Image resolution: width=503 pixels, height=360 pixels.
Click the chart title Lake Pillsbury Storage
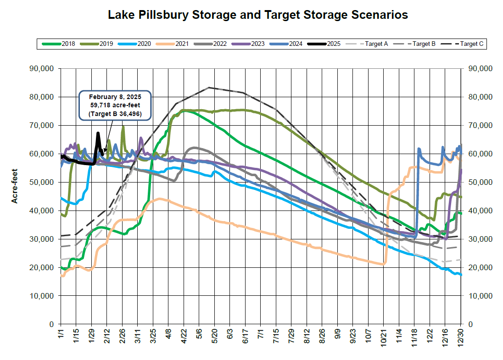tap(257, 15)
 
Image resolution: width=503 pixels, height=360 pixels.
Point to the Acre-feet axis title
tap(15, 196)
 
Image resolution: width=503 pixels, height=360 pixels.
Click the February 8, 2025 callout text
tap(115, 97)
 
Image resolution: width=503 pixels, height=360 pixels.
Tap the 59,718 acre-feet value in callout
tap(115, 105)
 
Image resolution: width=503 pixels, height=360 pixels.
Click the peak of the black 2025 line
tap(98, 133)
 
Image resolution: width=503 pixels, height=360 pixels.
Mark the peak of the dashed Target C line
tap(209, 87)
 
